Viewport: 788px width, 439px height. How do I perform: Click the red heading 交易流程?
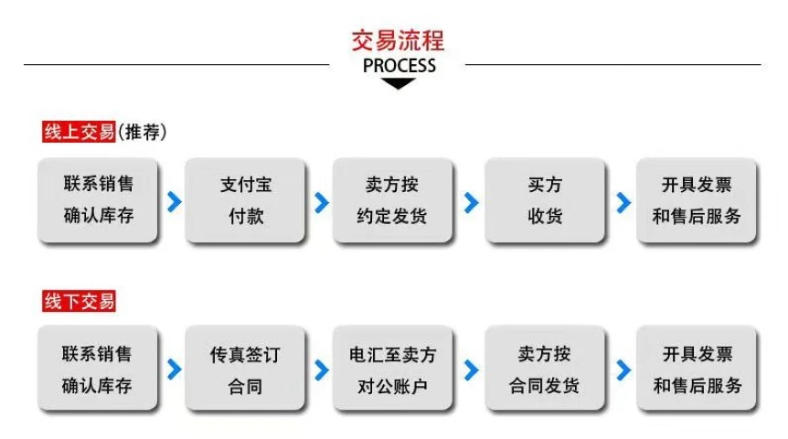tap(398, 40)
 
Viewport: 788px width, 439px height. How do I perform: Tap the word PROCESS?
tap(399, 66)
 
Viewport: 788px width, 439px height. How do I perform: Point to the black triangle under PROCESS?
tap(398, 83)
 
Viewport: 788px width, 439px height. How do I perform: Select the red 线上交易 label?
tap(79, 132)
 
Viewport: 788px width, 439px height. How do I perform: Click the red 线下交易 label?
tap(79, 301)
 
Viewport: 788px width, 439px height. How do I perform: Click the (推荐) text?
tap(143, 132)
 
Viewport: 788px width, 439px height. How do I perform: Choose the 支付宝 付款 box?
tap(245, 200)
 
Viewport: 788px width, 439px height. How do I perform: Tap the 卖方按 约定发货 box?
tap(392, 200)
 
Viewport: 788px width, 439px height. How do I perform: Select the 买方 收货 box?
tap(545, 200)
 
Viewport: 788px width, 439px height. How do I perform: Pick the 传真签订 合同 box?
tap(245, 369)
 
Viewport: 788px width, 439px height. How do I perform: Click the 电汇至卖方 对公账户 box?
tap(392, 369)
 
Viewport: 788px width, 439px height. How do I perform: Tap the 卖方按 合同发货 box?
tap(545, 369)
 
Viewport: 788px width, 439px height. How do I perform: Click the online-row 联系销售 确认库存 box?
tap(98, 200)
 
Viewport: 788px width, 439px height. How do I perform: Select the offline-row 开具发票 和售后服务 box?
tap(697, 369)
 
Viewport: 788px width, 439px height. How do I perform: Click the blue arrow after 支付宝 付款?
tap(322, 203)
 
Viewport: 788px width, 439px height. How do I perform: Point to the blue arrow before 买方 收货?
tap(472, 203)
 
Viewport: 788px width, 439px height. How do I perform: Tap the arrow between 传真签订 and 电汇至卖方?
tap(322, 370)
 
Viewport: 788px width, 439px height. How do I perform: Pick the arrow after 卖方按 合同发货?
tap(623, 370)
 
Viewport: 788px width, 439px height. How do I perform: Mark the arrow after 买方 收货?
tap(623, 203)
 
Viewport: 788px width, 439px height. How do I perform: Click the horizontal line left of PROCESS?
tap(176, 64)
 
